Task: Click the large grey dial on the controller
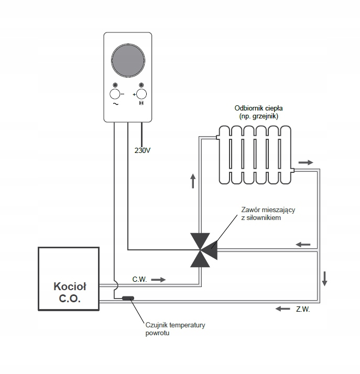[x=128, y=61]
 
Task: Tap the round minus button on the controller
[x=115, y=94]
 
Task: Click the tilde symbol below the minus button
[x=116, y=104]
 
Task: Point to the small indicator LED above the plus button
[x=141, y=85]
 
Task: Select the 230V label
[x=143, y=150]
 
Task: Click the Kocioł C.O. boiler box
[x=69, y=279]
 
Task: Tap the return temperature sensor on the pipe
[x=128, y=298]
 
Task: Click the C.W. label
[x=139, y=279]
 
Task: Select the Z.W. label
[x=303, y=309]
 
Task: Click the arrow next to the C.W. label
[x=158, y=280]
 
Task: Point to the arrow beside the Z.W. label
[x=282, y=309]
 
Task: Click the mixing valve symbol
[x=204, y=250]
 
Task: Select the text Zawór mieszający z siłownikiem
[x=268, y=214]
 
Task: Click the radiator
[x=255, y=155]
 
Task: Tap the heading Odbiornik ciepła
[x=259, y=108]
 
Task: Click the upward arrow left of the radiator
[x=193, y=181]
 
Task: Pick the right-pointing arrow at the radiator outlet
[x=306, y=162]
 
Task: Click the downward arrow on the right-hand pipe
[x=324, y=278]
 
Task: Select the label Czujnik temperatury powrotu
[x=176, y=329]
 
